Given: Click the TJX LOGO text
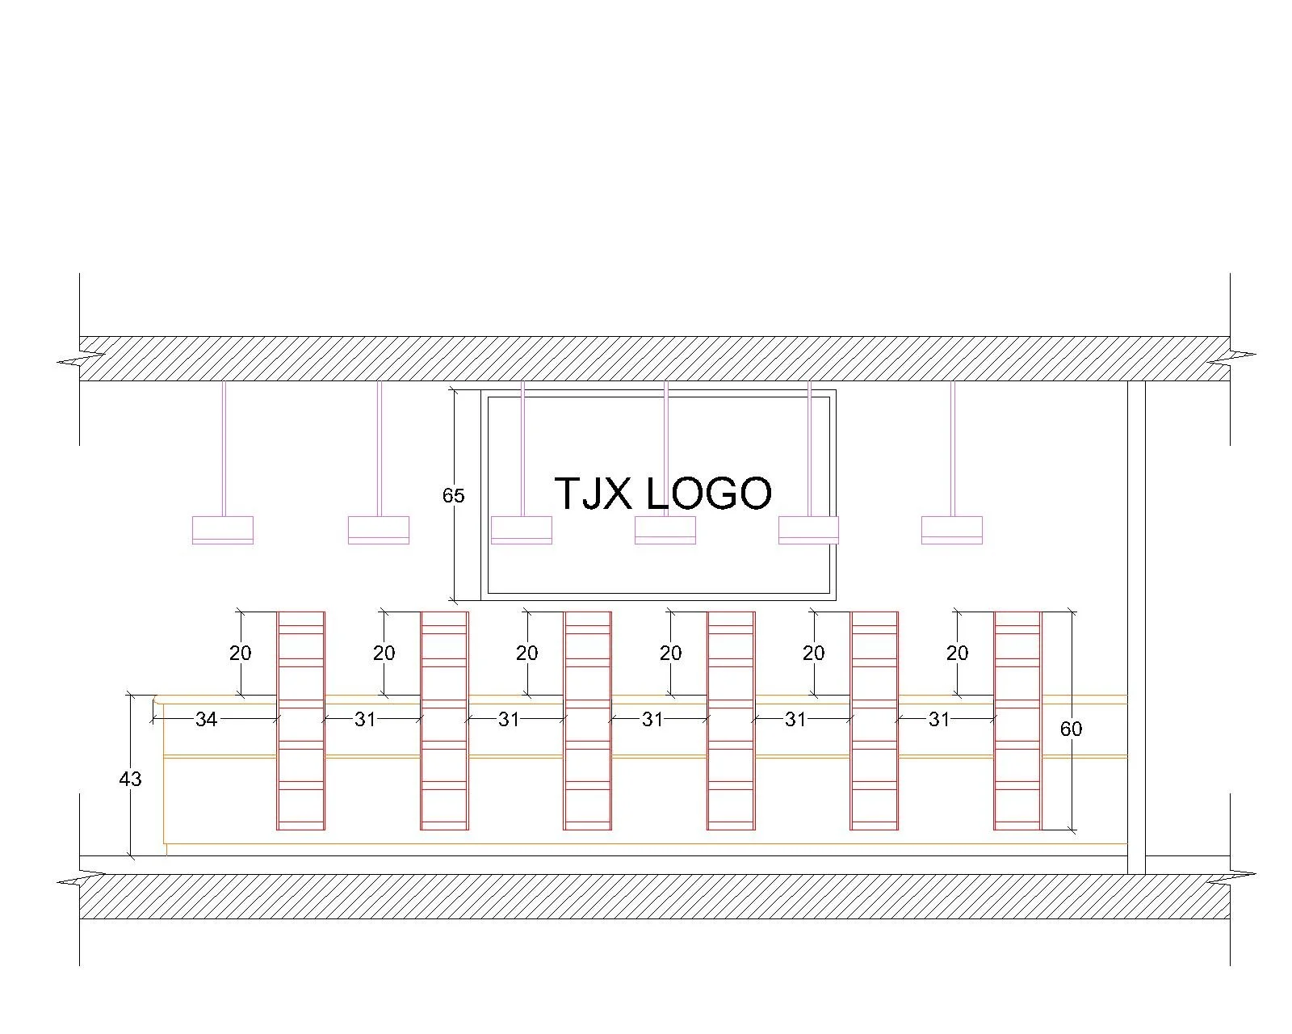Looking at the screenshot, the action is [x=662, y=494].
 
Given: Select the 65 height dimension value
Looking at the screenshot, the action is [x=453, y=495].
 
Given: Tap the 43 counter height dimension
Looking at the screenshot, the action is [x=130, y=779].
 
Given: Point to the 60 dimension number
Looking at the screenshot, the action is [x=1070, y=729].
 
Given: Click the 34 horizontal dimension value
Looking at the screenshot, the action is [x=206, y=719].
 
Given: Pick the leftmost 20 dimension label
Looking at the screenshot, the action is [x=240, y=653].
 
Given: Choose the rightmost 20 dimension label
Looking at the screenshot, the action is [x=957, y=653].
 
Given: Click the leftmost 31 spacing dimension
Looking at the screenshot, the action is [x=365, y=719].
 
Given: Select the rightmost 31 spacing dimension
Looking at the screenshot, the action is [x=938, y=719].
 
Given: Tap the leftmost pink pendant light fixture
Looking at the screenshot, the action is [x=223, y=529].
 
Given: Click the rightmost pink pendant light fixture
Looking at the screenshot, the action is [x=952, y=529].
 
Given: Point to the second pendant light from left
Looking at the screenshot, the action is [x=379, y=529].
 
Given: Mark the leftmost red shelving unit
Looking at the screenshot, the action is [x=300, y=721].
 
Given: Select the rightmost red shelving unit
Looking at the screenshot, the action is [x=1017, y=721].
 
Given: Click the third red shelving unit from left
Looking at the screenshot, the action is [x=587, y=721].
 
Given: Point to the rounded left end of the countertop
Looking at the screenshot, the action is [x=157, y=700].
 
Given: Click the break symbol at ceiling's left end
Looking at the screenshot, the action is [x=81, y=358].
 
